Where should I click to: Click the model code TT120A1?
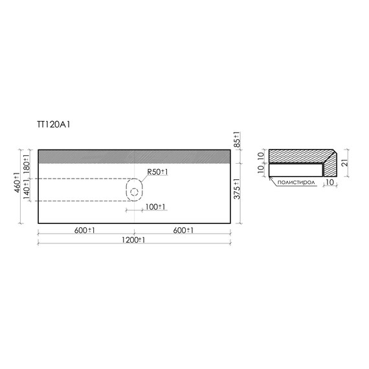pos(54,124)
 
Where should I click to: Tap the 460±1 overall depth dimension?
pos(17,183)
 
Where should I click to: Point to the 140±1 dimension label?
pos(27,190)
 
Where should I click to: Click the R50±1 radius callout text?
pos(157,172)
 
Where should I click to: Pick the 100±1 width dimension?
pos(155,207)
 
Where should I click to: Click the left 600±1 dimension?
pos(85,230)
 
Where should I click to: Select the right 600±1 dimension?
pos(183,230)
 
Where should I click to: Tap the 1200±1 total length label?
pos(133,240)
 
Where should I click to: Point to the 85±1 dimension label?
pos(237,140)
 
